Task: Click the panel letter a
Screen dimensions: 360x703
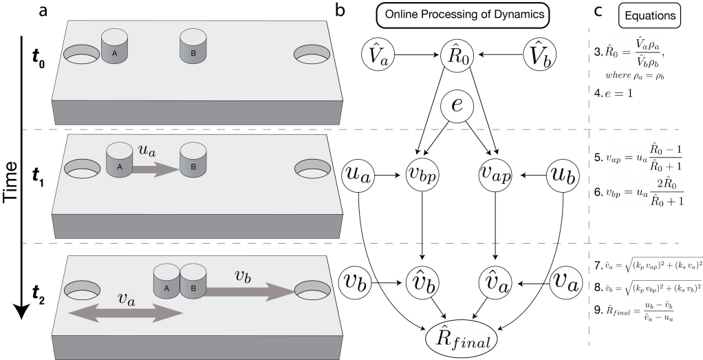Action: click(52, 10)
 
